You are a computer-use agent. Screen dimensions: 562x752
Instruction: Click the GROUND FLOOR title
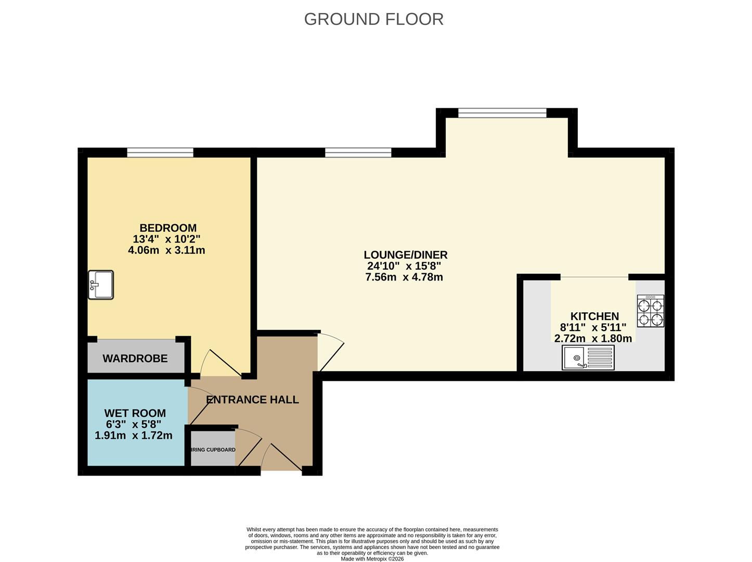pos(373,19)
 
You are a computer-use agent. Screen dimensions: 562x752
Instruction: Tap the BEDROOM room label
pos(167,228)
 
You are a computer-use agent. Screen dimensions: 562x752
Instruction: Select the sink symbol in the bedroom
pos(101,285)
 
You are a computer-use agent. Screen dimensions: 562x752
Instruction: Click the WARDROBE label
pos(135,359)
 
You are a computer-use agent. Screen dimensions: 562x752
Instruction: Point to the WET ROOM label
pos(135,413)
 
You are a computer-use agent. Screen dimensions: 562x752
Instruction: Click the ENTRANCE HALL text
pos(252,400)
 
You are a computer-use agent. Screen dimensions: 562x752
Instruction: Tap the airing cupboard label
pos(213,450)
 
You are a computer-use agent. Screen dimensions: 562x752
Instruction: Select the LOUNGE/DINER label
pos(405,255)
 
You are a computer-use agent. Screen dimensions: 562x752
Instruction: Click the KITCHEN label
pos(594,316)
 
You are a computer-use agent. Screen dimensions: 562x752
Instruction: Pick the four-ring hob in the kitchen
pos(651,311)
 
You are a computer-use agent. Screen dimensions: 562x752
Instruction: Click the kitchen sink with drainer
pos(588,358)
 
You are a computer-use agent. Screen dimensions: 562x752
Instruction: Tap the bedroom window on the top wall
pos(160,152)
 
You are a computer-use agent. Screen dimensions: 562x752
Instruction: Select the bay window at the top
pos(502,113)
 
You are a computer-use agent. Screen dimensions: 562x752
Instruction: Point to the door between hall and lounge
pos(330,351)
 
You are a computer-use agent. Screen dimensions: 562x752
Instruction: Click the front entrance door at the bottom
pos(281,458)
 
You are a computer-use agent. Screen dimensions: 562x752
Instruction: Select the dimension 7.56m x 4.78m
pos(404,277)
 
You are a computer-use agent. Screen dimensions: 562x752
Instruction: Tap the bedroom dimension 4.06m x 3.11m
pos(166,250)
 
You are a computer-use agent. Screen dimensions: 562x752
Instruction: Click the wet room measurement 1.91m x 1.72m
pos(134,436)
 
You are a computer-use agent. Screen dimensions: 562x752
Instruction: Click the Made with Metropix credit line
pos(372,559)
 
